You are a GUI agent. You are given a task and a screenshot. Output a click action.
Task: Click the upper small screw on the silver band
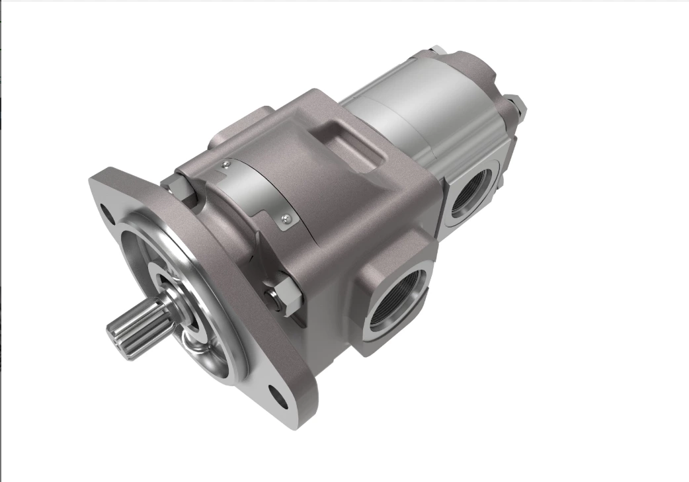pos(226,165)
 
